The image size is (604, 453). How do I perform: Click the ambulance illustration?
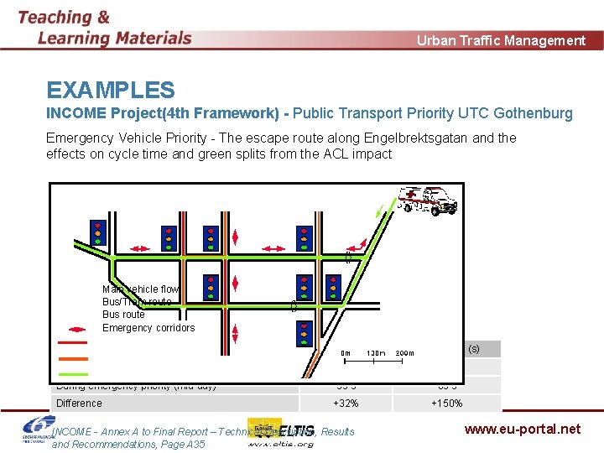pos(429,200)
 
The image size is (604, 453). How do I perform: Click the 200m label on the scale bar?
pos(404,353)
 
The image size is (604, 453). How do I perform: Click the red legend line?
pos(72,342)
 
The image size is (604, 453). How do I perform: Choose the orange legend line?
pos(72,357)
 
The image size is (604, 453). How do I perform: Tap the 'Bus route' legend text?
pos(123,315)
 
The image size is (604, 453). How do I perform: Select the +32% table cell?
pos(346,404)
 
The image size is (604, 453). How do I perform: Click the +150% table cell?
pos(446,404)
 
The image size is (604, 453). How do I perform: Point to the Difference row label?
pos(79,404)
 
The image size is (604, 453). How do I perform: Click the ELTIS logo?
pos(279,431)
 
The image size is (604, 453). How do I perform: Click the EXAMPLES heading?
pos(111,91)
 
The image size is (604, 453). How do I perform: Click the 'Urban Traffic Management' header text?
pos(501,40)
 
